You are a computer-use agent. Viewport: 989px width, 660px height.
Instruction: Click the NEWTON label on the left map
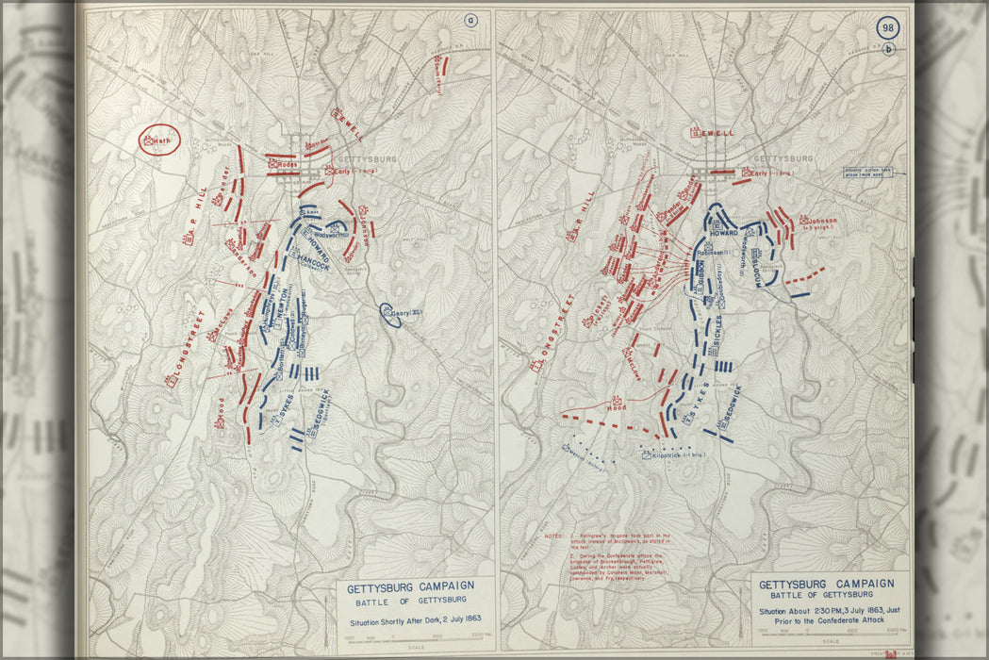279,308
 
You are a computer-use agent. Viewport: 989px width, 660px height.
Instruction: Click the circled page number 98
887,28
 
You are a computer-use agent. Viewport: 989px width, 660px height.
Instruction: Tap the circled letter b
887,49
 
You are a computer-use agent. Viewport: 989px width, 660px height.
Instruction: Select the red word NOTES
556,536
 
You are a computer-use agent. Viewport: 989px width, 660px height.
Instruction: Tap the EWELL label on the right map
717,133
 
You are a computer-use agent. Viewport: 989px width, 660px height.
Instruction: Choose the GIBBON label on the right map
699,283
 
